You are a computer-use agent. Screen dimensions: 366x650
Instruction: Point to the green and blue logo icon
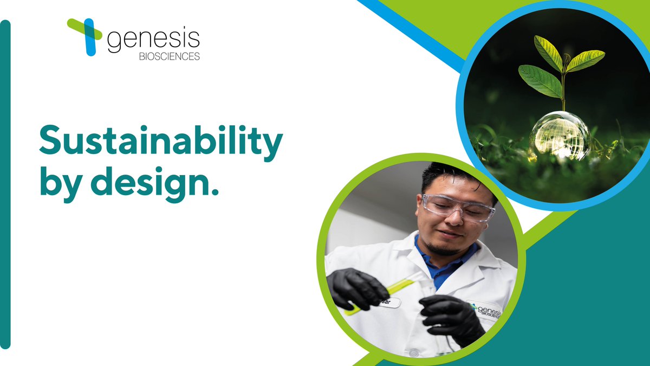pyautogui.click(x=86, y=35)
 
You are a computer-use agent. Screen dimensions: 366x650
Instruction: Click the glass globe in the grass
pyautogui.click(x=560, y=135)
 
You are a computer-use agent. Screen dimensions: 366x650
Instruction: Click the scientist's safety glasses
pyautogui.click(x=458, y=208)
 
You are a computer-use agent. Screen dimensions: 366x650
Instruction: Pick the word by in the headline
pyautogui.click(x=56, y=185)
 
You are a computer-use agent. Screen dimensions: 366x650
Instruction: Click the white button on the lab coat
pyautogui.click(x=414, y=353)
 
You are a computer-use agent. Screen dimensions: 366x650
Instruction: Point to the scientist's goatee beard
pyautogui.click(x=441, y=251)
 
